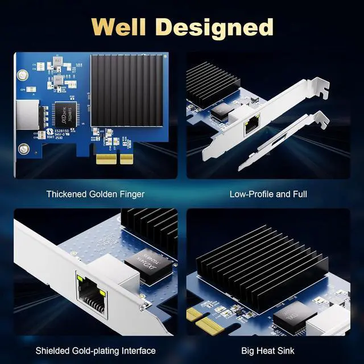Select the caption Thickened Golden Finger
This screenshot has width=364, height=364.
95,194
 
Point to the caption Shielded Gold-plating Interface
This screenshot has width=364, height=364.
96,350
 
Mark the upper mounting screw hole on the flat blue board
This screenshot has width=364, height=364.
23,75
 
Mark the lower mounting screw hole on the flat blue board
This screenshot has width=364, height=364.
23,150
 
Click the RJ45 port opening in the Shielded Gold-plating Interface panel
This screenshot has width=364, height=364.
91,296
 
